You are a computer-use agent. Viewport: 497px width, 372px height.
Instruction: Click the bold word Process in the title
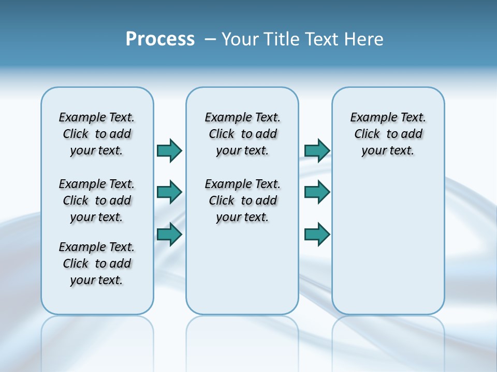pyautogui.click(x=160, y=39)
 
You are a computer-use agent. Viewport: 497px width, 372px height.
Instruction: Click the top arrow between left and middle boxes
pyautogui.click(x=169, y=150)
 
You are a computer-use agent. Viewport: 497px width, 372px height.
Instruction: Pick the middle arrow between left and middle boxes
pyautogui.click(x=169, y=192)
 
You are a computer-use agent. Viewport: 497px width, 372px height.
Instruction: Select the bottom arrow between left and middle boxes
pyautogui.click(x=169, y=235)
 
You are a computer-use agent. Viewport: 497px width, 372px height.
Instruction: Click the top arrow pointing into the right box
pyautogui.click(x=317, y=150)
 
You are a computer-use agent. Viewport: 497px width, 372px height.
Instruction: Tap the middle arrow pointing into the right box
pyautogui.click(x=317, y=192)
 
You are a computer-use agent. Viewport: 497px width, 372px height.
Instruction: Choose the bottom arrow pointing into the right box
pyautogui.click(x=317, y=235)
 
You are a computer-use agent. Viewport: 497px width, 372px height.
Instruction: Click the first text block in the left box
pyautogui.click(x=97, y=134)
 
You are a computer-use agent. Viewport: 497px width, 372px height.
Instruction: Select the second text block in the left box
pyautogui.click(x=97, y=200)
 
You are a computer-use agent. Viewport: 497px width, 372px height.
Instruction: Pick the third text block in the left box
pyautogui.click(x=97, y=263)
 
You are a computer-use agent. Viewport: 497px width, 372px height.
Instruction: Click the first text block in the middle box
pyautogui.click(x=242, y=134)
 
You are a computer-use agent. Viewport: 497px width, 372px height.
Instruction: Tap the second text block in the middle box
pyautogui.click(x=242, y=200)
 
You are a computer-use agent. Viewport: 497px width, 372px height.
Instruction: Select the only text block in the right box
pyautogui.click(x=388, y=134)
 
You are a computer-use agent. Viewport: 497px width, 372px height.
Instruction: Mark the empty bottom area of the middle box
pyautogui.click(x=242, y=274)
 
